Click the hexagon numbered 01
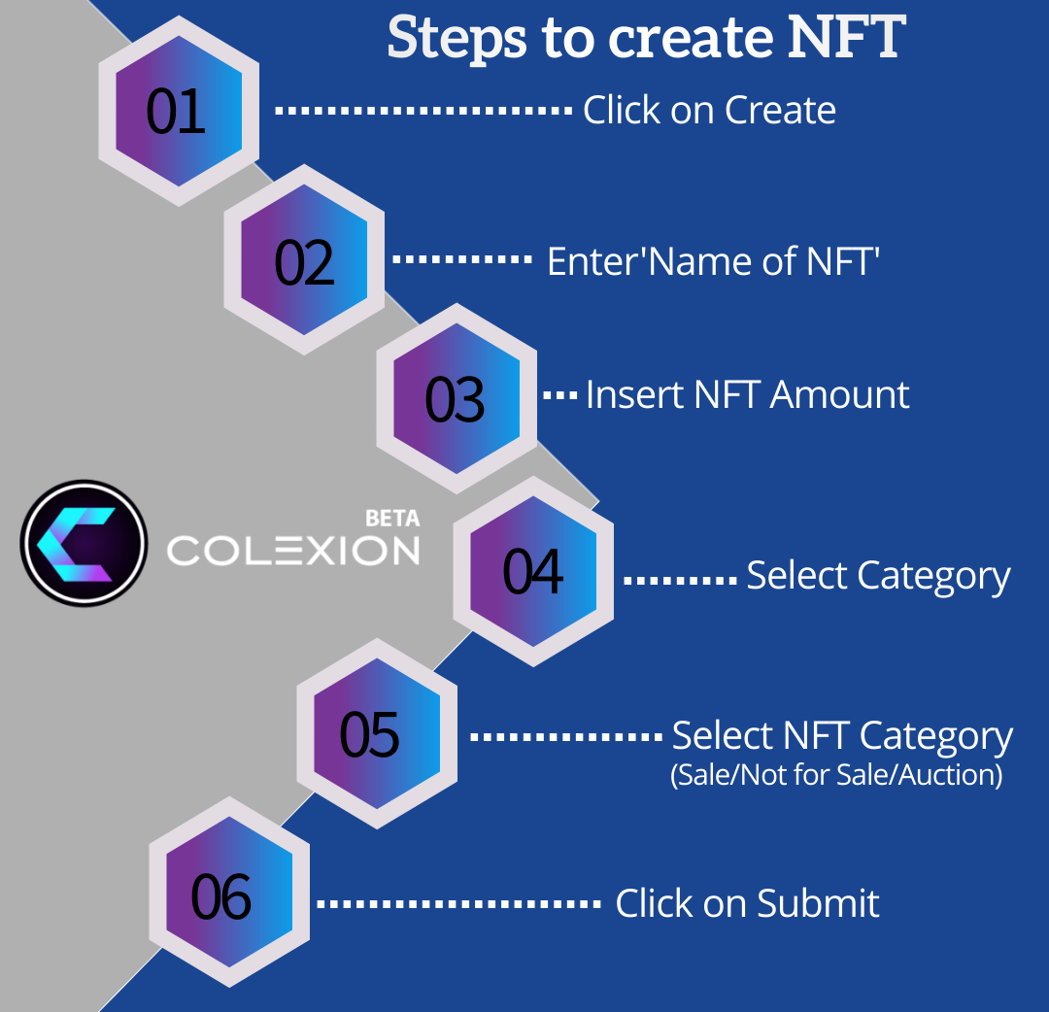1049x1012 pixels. coord(178,111)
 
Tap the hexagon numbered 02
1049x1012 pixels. coord(304,261)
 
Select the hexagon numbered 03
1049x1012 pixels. coord(456,399)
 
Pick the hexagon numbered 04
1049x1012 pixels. coord(533,571)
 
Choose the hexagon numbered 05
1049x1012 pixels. coord(370,734)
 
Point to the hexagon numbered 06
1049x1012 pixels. coord(221,895)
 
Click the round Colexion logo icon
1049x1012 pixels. coord(84,543)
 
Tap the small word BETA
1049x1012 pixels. coord(392,519)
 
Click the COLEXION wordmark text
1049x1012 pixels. coord(293,551)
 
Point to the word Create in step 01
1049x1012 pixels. coord(780,111)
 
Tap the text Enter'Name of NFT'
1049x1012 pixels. coord(713,261)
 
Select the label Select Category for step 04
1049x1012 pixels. coord(878,576)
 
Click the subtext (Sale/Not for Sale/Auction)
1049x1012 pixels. coord(836,776)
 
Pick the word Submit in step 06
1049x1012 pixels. coord(818,903)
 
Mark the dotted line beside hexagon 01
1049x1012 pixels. coord(423,111)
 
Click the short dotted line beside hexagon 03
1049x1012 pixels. coord(559,395)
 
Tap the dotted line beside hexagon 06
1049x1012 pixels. coord(458,903)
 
